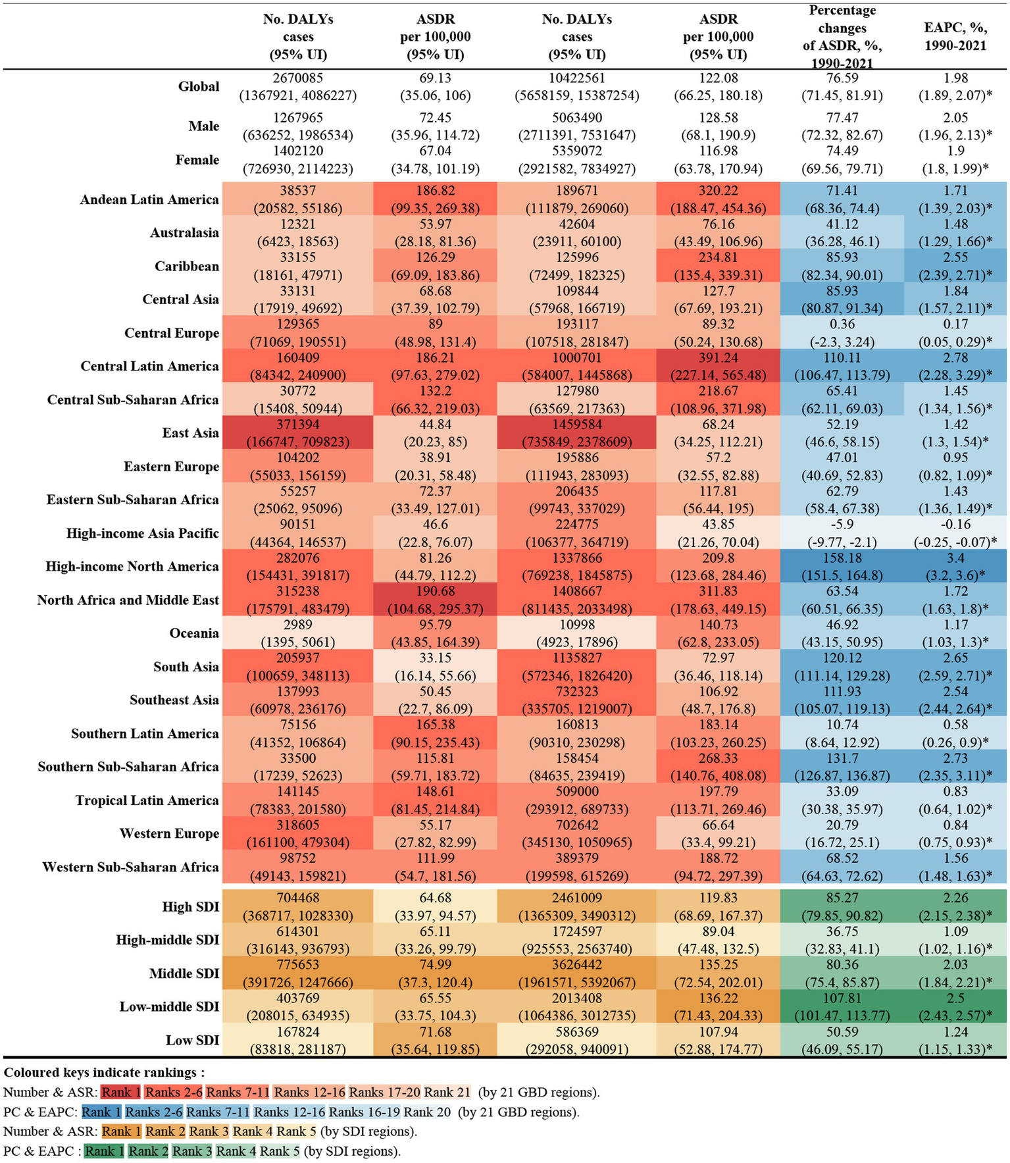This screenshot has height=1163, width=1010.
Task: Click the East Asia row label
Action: [190, 433]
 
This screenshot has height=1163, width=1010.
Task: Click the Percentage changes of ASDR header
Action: [842, 37]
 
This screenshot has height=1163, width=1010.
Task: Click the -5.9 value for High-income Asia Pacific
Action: [842, 525]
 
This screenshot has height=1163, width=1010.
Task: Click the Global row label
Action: [198, 87]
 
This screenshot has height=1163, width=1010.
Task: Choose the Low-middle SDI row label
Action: [169, 1006]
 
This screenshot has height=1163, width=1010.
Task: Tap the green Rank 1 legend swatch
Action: [104, 1151]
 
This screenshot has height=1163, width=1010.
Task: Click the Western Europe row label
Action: [169, 833]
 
